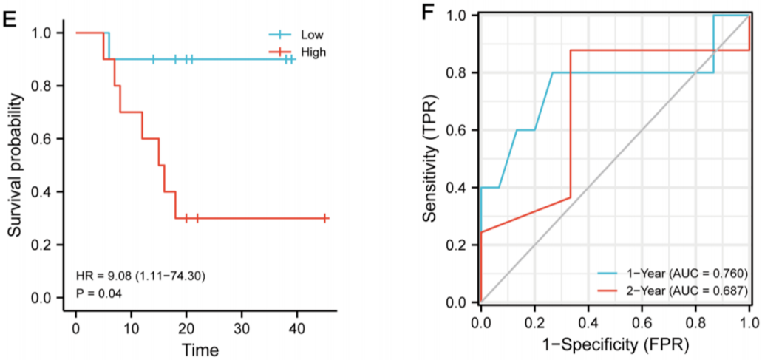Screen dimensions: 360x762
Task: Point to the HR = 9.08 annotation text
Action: (140, 276)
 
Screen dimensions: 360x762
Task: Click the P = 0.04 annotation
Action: (100, 293)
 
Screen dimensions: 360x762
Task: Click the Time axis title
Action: (201, 347)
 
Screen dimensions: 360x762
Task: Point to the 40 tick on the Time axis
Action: (297, 327)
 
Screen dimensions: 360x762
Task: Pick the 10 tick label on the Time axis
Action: (132, 327)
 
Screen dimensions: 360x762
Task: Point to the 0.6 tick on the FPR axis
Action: (641, 323)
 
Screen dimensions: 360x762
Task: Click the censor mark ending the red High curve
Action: (325, 218)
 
